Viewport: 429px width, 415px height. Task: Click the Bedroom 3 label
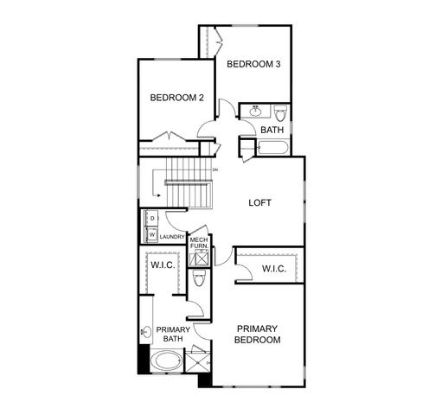click(x=253, y=64)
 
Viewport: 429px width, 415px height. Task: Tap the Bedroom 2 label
click(x=176, y=98)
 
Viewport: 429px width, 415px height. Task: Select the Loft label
click(x=259, y=203)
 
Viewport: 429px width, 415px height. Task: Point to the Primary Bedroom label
click(x=257, y=335)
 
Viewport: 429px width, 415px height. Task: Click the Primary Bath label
click(x=173, y=334)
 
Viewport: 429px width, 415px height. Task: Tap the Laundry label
click(x=172, y=237)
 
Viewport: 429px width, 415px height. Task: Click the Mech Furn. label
click(x=199, y=243)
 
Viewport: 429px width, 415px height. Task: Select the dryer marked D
click(x=151, y=218)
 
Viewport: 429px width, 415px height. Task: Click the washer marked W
click(x=151, y=234)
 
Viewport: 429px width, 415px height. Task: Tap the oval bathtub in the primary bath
click(x=166, y=361)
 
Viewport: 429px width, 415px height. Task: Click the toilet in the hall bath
click(x=280, y=113)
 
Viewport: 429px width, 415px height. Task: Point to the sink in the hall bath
click(x=255, y=111)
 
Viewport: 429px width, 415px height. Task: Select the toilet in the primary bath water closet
click(x=199, y=278)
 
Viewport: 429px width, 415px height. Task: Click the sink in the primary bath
click(x=147, y=332)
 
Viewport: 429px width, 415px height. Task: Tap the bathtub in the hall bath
click(x=272, y=148)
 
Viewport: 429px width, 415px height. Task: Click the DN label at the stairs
click(x=215, y=169)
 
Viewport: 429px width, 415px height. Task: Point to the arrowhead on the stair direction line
click(x=158, y=195)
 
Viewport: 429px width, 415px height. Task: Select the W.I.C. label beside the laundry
click(x=163, y=265)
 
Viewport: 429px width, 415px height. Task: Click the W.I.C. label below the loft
click(x=274, y=269)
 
